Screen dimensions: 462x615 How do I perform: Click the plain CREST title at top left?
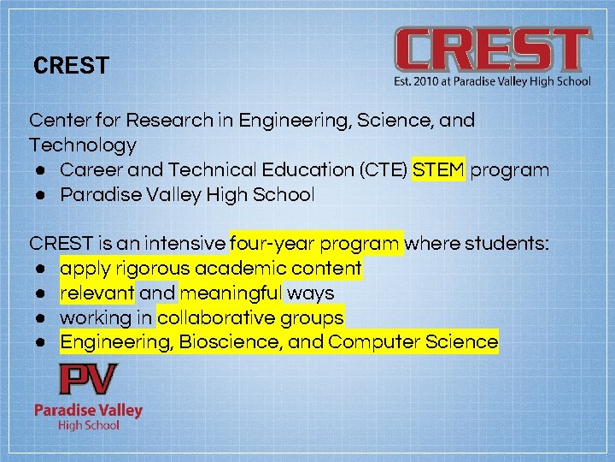(x=71, y=66)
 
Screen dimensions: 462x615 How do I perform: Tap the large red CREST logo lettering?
(x=492, y=50)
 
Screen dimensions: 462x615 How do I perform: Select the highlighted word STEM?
(x=439, y=169)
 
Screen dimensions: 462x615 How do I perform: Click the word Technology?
(x=83, y=145)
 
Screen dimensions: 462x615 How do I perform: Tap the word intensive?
(x=186, y=244)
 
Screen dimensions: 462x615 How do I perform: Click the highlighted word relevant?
(x=97, y=293)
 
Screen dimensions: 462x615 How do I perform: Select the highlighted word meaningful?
(x=231, y=293)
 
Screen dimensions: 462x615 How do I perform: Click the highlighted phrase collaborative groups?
(x=250, y=318)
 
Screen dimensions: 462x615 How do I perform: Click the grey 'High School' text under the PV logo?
(x=88, y=425)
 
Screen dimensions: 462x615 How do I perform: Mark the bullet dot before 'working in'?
(x=40, y=318)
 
